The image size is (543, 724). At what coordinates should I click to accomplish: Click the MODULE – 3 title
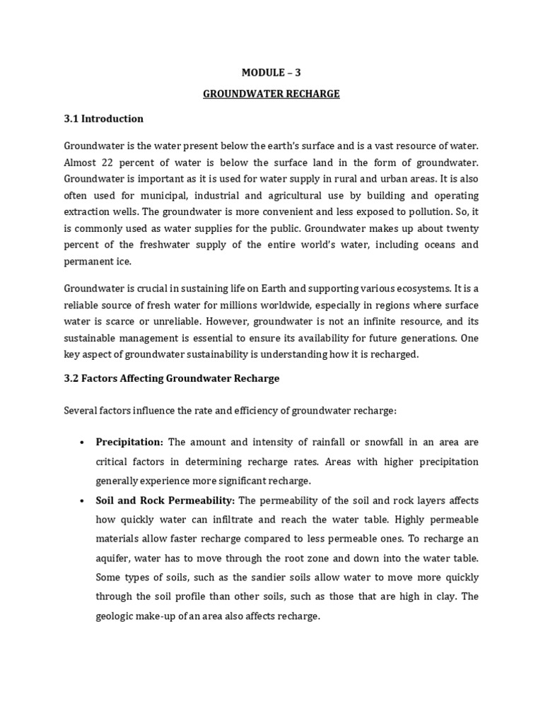coord(271,72)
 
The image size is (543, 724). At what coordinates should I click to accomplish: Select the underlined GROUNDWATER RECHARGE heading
coord(271,94)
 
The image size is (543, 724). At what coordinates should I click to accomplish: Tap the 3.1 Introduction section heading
coord(104,119)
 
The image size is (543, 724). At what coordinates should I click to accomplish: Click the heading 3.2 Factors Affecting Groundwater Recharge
coord(172,378)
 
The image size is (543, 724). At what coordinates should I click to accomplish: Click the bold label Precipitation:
coord(129,442)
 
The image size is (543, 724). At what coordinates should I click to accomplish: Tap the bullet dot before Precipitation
coord(82,443)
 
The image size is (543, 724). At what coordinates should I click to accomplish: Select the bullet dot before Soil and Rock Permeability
coord(82,501)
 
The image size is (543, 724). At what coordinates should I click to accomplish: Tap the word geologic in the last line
coord(115,616)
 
